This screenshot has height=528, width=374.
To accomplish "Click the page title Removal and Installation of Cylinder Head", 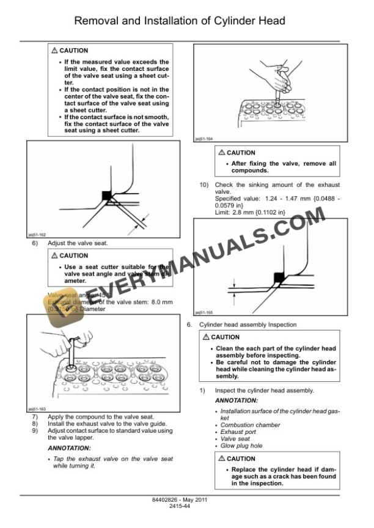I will point(187,21).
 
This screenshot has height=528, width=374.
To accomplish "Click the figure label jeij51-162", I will point(37,234).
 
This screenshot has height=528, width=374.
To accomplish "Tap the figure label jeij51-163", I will point(37,409).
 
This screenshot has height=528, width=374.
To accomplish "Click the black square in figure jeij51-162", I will point(107,195).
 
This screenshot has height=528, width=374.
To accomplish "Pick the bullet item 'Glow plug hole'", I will point(241,446).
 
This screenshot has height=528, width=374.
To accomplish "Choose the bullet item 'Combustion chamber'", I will point(250,425).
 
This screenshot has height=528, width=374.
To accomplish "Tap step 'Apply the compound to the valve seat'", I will point(100,417).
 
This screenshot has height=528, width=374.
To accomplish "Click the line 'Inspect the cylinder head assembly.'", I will point(264,390).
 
